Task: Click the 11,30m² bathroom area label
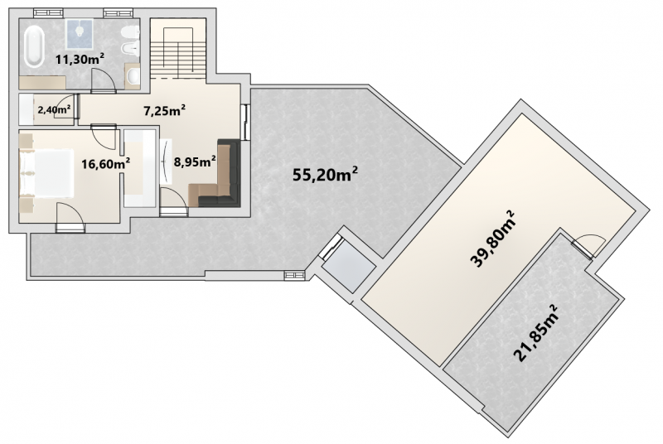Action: point(80,59)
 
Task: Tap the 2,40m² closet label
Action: point(54,110)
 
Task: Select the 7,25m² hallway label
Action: point(164,111)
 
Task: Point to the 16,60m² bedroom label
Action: point(106,163)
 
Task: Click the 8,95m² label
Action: point(195,161)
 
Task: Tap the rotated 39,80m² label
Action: point(492,239)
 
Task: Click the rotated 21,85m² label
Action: point(535,334)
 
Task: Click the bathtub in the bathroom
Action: point(33,46)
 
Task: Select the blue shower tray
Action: point(80,33)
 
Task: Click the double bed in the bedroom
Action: point(46,173)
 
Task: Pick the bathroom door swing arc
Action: point(107,76)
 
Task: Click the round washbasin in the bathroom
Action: point(133,76)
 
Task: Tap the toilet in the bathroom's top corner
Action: point(130,32)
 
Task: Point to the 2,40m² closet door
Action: point(65,106)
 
